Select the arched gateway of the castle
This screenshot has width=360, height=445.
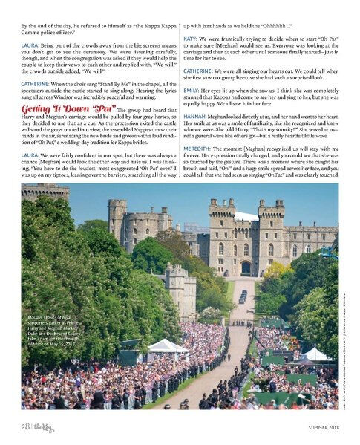click(246, 265)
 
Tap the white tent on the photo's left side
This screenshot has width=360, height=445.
click(168, 345)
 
